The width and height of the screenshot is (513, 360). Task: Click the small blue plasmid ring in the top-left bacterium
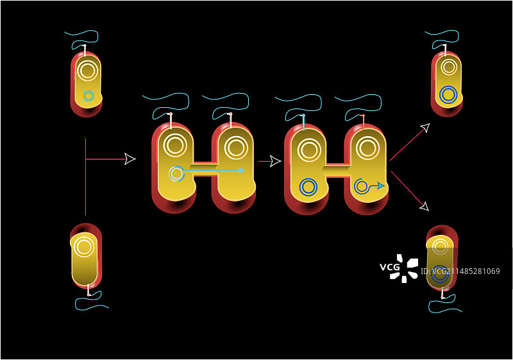(x=88, y=96)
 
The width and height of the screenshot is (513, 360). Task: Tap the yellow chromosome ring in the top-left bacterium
(x=88, y=70)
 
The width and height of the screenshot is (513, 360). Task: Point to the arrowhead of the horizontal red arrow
(x=130, y=159)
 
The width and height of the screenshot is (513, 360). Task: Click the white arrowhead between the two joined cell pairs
(x=275, y=160)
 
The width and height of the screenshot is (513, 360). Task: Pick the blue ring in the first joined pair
(x=175, y=173)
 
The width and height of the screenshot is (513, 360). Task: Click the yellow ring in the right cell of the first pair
(x=234, y=148)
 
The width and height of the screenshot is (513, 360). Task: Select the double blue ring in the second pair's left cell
(x=308, y=187)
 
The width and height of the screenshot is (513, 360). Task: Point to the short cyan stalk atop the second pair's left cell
(x=304, y=121)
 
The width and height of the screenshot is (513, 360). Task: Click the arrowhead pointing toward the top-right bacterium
(x=424, y=128)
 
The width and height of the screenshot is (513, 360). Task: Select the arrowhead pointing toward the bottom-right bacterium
(x=424, y=206)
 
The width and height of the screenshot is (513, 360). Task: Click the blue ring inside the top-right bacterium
(x=449, y=95)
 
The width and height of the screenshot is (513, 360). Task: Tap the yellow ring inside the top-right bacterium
(x=449, y=67)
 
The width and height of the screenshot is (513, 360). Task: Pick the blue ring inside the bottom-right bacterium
(x=440, y=272)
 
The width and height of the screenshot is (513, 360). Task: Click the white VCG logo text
(x=390, y=267)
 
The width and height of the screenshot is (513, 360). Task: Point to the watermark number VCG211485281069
(x=466, y=271)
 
